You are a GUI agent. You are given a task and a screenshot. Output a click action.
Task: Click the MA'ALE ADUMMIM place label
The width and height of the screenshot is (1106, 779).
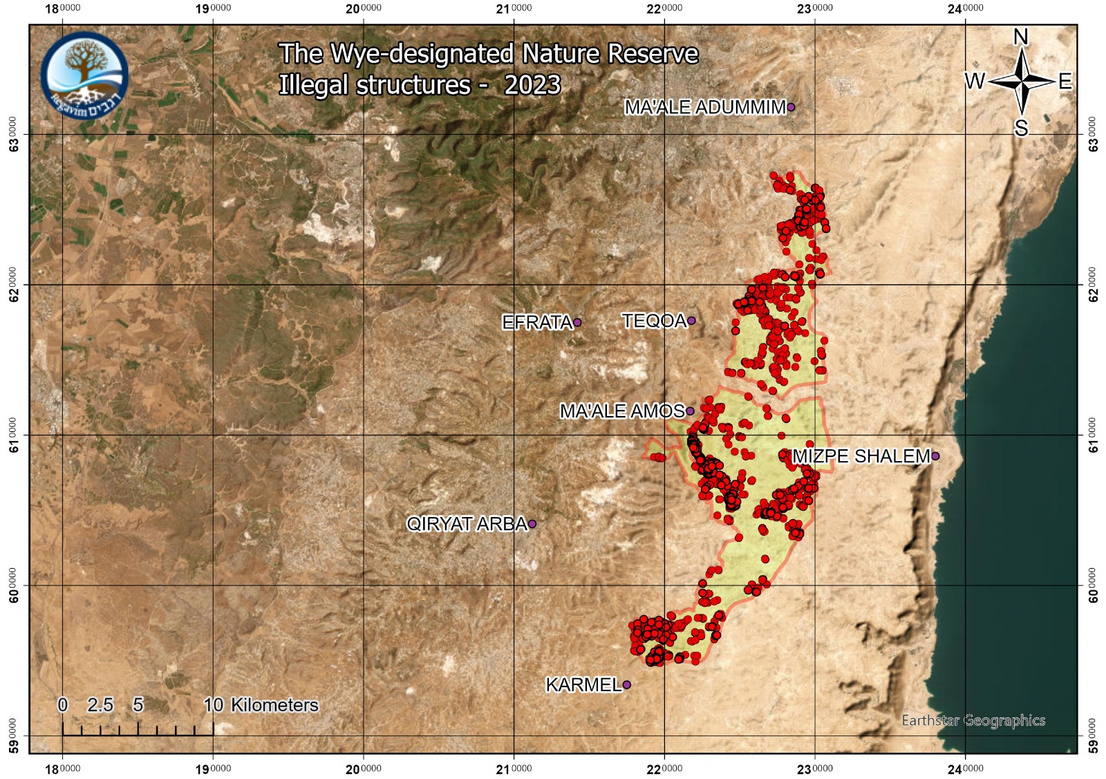point(705,107)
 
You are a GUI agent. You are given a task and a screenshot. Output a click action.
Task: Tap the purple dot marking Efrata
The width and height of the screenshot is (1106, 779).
point(577,322)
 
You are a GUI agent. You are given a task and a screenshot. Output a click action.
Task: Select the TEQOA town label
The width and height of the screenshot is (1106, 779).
point(654,321)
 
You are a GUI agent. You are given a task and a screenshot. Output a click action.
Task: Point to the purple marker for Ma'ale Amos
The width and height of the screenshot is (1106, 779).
point(689,411)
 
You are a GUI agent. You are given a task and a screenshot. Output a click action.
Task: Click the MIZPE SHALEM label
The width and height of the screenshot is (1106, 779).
point(861,456)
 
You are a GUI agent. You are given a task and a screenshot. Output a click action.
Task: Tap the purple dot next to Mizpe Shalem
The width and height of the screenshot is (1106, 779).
point(935,456)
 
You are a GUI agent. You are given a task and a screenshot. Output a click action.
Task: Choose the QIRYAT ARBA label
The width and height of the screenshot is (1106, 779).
point(467,524)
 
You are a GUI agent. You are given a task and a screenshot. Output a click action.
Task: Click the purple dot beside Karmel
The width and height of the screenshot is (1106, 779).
point(627,685)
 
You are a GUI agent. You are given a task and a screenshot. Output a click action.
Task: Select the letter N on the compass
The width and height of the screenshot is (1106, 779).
point(1021,37)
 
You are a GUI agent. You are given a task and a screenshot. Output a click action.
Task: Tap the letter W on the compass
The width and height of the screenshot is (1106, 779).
point(975,82)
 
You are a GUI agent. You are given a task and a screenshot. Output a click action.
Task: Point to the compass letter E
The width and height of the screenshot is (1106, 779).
point(1065,82)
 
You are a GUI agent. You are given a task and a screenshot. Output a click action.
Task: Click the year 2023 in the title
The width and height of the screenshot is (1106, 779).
point(532,85)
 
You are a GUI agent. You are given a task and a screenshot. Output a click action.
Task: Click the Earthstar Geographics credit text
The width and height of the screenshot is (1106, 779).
point(973,721)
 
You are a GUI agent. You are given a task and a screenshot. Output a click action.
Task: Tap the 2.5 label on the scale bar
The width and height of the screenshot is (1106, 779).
point(100,705)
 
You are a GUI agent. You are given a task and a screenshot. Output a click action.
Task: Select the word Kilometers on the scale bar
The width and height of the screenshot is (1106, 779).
point(274,705)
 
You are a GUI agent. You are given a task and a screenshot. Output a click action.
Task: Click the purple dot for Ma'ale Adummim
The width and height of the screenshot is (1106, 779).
point(791,107)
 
